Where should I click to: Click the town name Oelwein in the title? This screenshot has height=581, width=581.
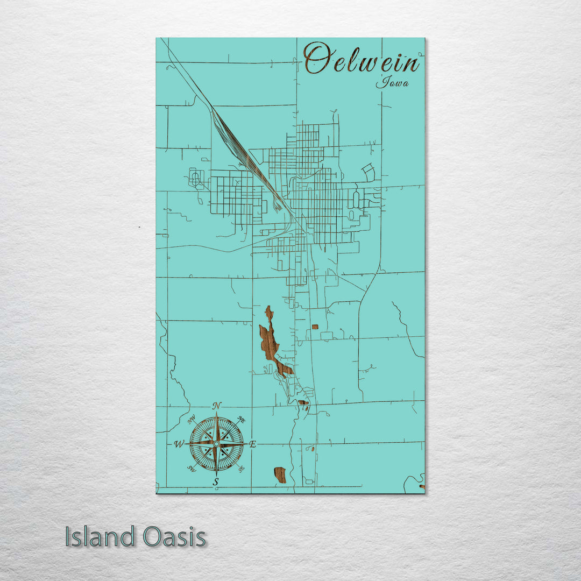coord(362,60)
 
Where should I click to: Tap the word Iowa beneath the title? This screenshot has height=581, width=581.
coord(392,82)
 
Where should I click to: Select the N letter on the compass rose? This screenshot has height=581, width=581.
coord(217,406)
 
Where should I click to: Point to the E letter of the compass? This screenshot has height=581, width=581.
coord(252,444)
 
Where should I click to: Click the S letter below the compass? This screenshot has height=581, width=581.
coord(216,481)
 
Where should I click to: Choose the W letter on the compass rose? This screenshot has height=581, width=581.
coord(179,444)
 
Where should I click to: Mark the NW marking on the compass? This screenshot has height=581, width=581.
coord(191,419)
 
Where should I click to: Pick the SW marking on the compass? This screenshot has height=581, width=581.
coord(191,469)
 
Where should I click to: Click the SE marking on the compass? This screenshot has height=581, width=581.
coord(241,469)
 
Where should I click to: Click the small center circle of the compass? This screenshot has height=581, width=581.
coord(216,444)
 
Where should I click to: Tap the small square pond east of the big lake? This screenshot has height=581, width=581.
coord(315,327)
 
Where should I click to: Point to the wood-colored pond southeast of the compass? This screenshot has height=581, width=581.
coord(280,475)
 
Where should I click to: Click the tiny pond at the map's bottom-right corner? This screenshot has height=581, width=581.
coord(421,487)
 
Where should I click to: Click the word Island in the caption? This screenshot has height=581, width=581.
coord(100,537)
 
